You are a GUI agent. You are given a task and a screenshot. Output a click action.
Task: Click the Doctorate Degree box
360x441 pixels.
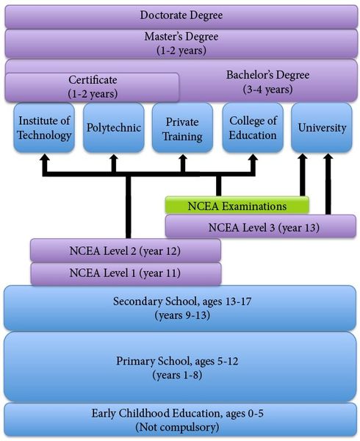click(x=181, y=16)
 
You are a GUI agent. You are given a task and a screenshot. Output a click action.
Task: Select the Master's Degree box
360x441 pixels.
click(x=181, y=43)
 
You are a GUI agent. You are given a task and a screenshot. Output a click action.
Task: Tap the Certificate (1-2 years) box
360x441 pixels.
click(x=92, y=87)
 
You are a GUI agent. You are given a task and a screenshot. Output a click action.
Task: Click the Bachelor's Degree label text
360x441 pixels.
click(x=268, y=75)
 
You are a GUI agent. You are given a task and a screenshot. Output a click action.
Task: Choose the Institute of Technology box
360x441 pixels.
click(x=44, y=127)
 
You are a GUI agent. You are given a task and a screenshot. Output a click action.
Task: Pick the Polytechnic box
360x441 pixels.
click(x=114, y=127)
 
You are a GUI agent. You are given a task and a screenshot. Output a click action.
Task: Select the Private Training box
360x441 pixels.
click(x=182, y=127)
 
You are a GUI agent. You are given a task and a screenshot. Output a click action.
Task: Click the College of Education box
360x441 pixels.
click(x=253, y=127)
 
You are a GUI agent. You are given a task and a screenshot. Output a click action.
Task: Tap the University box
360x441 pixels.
click(x=322, y=127)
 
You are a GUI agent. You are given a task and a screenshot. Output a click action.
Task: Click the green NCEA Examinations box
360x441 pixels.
click(x=237, y=205)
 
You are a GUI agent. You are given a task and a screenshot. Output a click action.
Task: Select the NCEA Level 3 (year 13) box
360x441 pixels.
click(x=261, y=226)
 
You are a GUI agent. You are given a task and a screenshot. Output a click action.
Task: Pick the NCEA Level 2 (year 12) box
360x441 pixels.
click(x=126, y=251)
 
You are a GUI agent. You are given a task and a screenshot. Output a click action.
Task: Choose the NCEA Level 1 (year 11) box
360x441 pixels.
click(x=126, y=273)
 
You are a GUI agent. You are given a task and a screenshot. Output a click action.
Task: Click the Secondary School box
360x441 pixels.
click(x=180, y=308)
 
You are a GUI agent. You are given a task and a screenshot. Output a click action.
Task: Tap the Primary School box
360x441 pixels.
click(x=180, y=367)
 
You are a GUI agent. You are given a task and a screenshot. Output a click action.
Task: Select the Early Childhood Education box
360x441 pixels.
click(x=180, y=420)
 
